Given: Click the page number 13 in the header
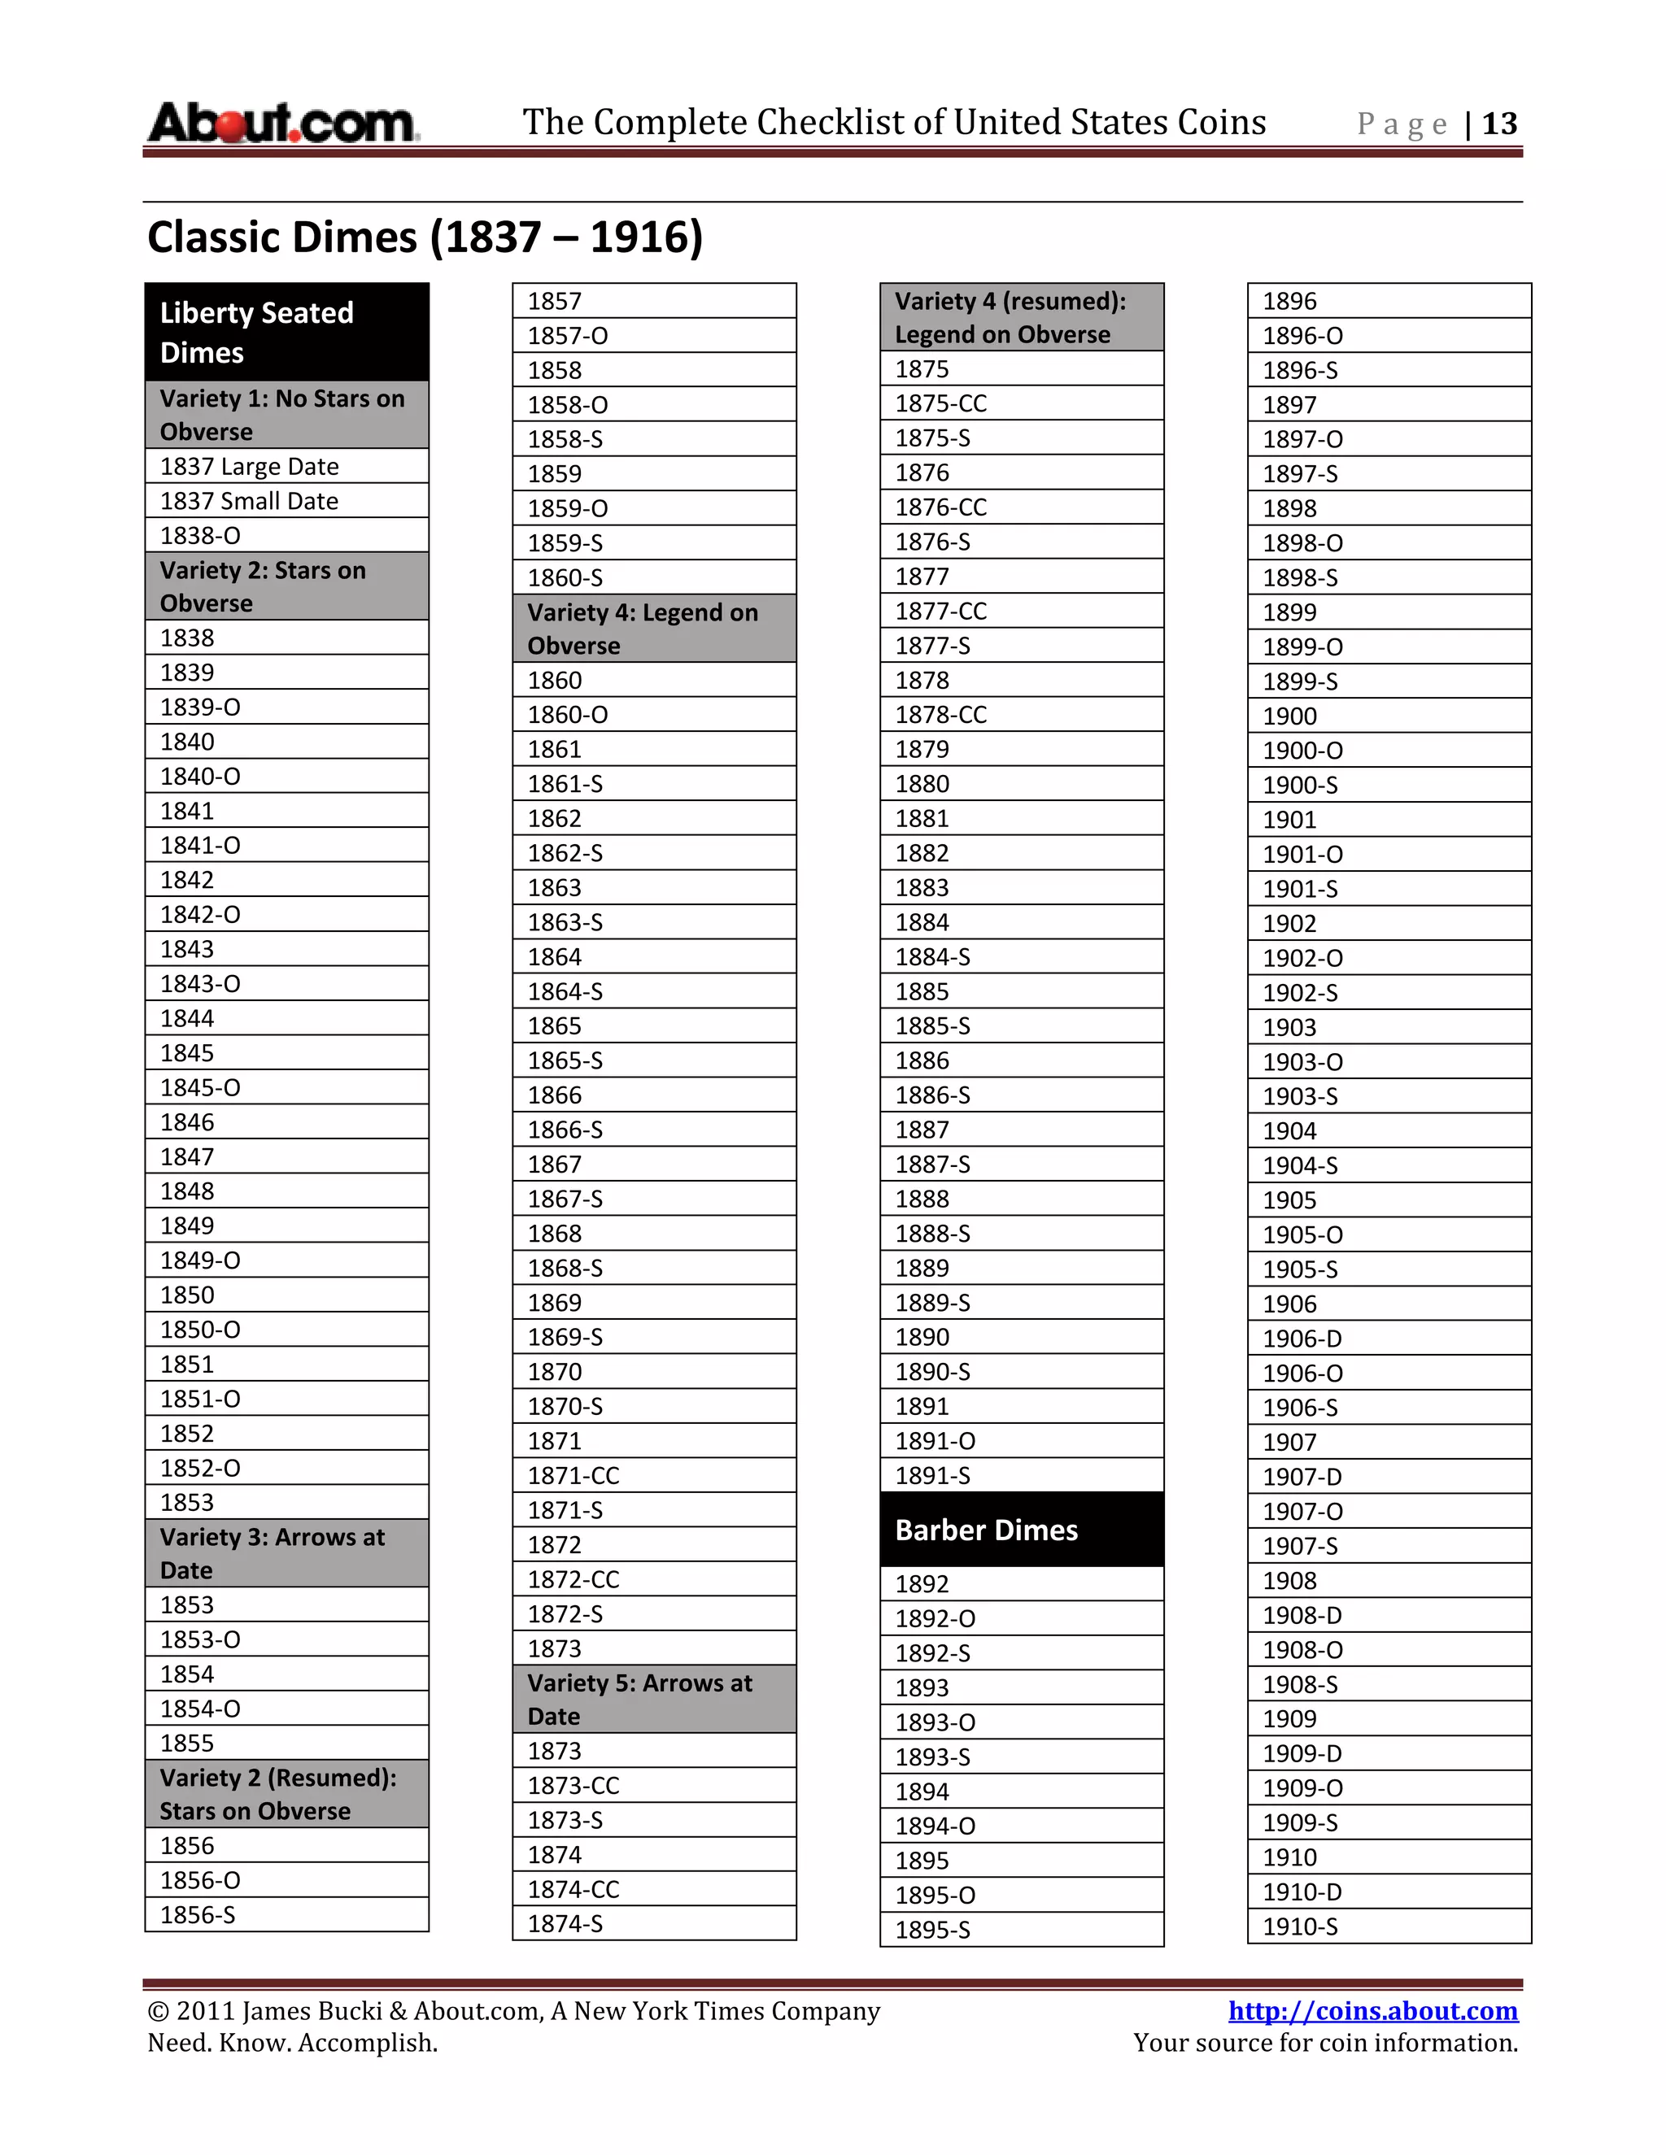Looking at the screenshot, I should [x=1498, y=124].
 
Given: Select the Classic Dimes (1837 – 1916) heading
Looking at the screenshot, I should [x=425, y=237].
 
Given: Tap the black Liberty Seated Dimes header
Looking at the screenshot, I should [x=286, y=333].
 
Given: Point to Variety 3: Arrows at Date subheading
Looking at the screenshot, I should [x=286, y=1553].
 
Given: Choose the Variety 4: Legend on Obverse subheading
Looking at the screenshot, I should [x=653, y=629].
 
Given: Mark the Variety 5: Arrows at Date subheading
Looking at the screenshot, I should [x=653, y=1699].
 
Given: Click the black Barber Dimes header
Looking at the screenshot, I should [x=1022, y=1530].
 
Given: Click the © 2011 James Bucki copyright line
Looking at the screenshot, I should [x=513, y=2011].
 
